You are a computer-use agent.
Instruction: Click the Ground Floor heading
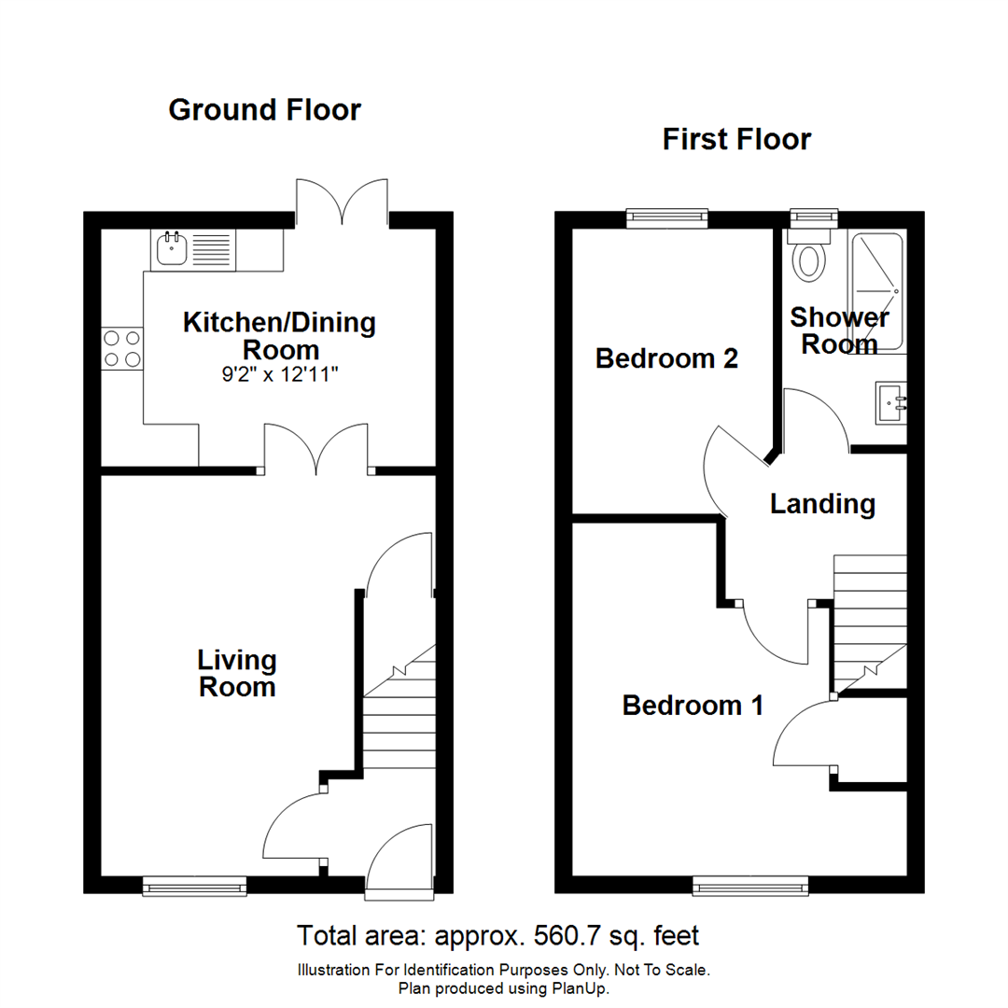coord(264,110)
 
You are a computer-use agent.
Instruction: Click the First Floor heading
coord(736,140)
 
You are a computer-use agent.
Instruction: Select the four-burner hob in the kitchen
coord(122,348)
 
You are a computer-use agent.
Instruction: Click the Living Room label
coord(237,674)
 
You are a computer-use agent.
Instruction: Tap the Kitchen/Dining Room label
coord(280,337)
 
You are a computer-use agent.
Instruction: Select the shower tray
coord(877,291)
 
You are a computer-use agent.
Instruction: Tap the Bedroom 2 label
coord(666,358)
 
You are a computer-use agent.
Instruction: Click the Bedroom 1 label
coord(693,706)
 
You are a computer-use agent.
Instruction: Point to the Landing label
coord(822,505)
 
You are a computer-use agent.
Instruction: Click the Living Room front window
coord(194,885)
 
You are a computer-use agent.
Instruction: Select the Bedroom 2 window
coord(666,217)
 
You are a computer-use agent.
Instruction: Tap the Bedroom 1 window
coord(750,885)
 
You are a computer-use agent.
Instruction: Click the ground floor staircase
coord(399,719)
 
